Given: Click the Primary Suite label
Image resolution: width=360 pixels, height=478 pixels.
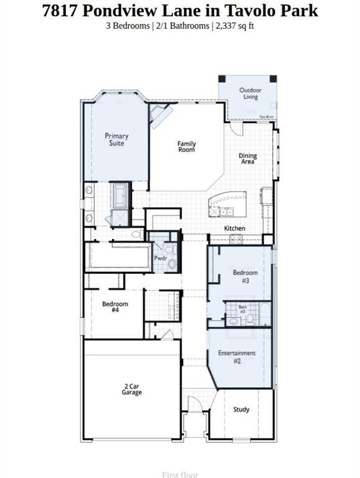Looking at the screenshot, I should pos(116,139).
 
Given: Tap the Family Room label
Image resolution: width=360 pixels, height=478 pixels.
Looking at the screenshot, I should pos(186,147).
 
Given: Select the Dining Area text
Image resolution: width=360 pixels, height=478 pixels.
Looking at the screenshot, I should pos(248,159).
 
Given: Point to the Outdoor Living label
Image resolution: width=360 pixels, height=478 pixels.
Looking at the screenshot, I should pos(250,93).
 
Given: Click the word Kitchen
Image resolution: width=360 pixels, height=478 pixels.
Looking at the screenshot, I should pos(235,228).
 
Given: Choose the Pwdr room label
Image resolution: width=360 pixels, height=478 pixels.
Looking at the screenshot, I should pos(159,258).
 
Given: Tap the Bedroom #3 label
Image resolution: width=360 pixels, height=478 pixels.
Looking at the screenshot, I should pos(245,276).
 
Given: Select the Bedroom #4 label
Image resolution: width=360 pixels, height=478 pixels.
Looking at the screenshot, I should pos(115,307).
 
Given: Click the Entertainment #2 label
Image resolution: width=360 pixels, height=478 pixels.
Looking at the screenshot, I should pos(237,357).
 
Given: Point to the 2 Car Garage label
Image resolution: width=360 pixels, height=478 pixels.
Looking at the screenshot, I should pos(131,390).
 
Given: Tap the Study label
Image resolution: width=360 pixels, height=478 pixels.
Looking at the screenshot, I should pos(241,410).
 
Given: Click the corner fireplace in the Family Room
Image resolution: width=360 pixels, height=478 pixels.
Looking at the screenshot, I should pos(159,115).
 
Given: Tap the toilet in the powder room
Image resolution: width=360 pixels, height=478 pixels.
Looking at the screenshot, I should pos(173,264).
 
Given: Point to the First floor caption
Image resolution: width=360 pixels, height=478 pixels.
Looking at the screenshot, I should pos(180,475).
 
